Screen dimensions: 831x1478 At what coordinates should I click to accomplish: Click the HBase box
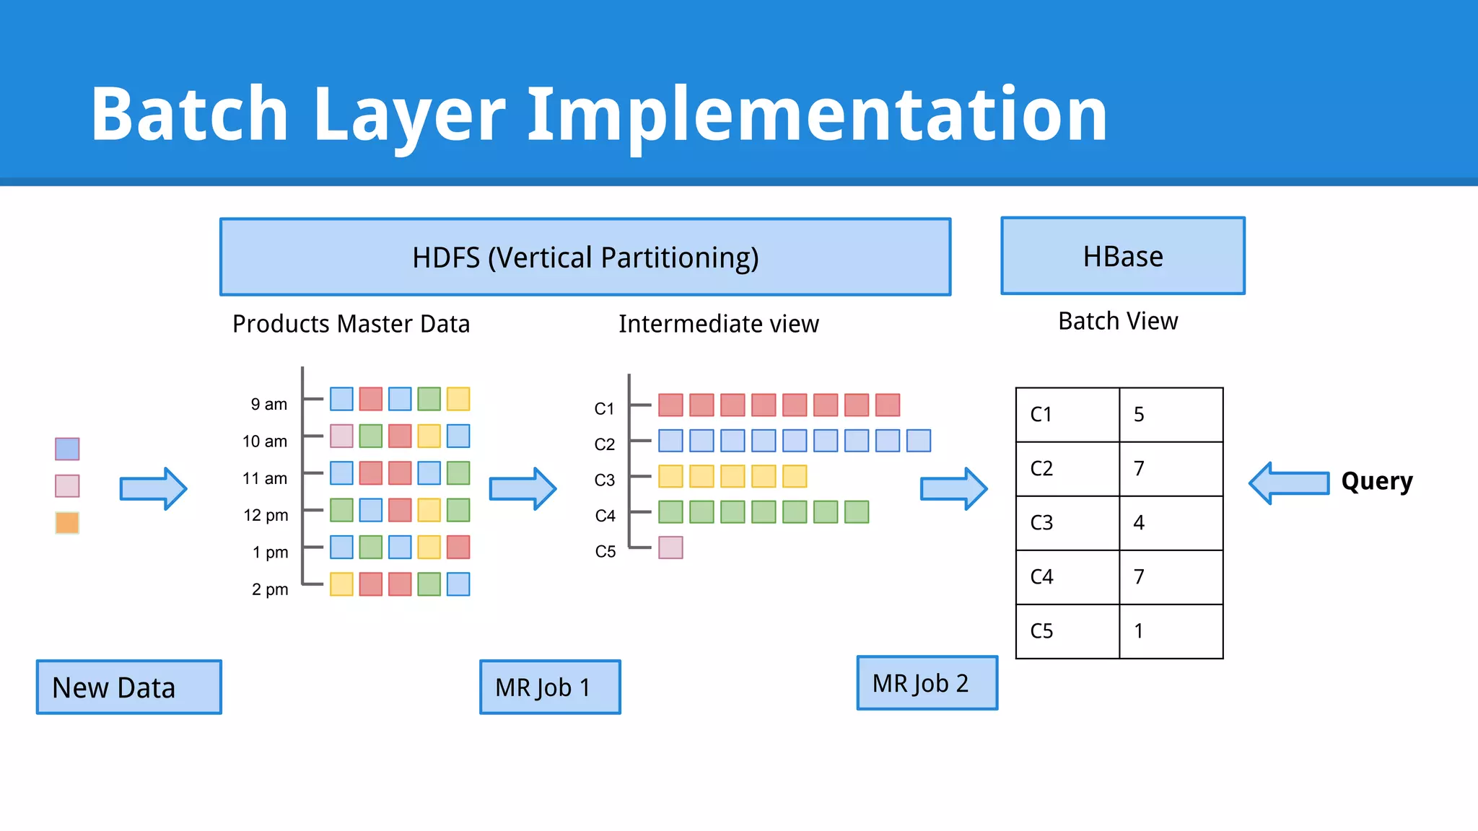1122,256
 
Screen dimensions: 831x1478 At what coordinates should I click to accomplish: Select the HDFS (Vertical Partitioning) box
585,258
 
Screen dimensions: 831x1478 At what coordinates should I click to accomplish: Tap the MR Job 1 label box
550,687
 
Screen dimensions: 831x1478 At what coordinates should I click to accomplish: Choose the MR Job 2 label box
927,683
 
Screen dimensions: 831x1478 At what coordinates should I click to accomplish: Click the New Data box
128,687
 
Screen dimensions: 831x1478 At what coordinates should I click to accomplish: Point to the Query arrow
1289,483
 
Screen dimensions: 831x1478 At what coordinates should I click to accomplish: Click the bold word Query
1376,481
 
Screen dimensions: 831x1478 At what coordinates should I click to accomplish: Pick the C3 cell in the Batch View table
1067,523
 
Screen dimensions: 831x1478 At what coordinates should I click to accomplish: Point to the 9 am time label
268,405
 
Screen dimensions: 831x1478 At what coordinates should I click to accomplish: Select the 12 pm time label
266,515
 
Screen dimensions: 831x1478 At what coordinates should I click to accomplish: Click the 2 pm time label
269,589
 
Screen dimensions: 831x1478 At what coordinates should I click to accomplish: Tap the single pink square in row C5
670,548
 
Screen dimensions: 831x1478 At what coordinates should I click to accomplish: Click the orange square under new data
67,523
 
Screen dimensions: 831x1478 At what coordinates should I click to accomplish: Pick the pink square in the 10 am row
341,436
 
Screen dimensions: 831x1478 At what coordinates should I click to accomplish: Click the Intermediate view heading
718,324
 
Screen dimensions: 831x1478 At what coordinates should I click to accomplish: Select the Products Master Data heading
351,324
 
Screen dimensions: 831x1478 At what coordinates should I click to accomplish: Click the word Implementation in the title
817,114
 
